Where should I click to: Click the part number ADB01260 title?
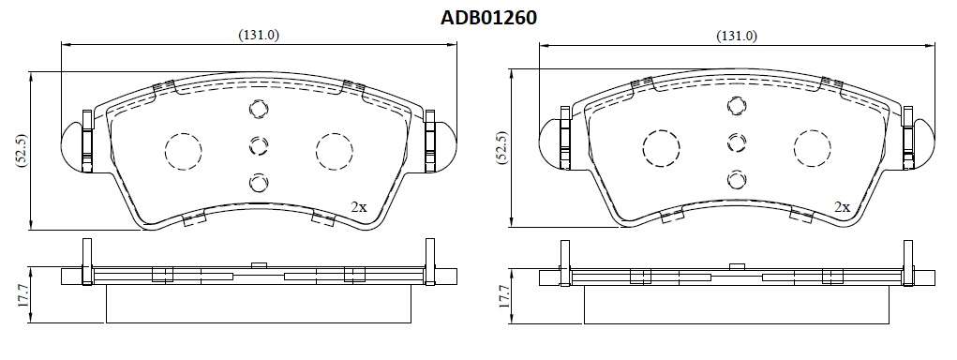pos(489,18)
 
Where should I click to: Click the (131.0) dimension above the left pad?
pos(258,36)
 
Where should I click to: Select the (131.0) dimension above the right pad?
pos(737,36)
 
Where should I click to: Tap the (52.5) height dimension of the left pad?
pos(20,149)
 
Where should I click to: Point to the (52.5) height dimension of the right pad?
pos(500,148)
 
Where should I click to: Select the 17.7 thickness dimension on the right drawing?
pos(503,295)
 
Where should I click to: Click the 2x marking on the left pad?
pos(359,207)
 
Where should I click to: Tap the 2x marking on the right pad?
pos(843,207)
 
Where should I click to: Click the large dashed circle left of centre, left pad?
pos(183,150)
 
